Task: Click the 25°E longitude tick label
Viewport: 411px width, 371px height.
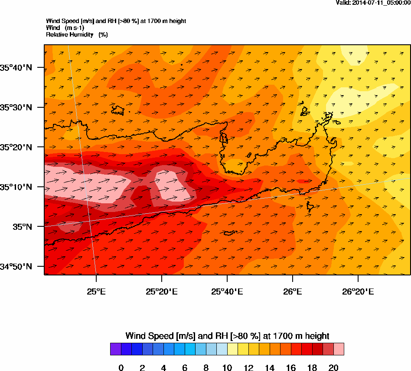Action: [96, 291]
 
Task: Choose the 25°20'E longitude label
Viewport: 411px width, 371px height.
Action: [162, 291]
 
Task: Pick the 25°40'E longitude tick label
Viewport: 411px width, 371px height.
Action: [227, 291]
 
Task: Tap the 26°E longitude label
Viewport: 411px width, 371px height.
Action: [293, 291]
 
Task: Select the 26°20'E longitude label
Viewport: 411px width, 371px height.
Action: [358, 291]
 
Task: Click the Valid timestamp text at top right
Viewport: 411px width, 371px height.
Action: [373, 3]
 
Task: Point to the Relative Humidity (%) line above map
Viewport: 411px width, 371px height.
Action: [77, 34]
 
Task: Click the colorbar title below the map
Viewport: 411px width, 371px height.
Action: [227, 336]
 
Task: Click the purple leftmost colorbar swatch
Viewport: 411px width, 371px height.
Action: [115, 349]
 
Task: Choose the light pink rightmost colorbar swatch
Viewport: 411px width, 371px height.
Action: [339, 349]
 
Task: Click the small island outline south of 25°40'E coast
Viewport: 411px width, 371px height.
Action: [230, 233]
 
